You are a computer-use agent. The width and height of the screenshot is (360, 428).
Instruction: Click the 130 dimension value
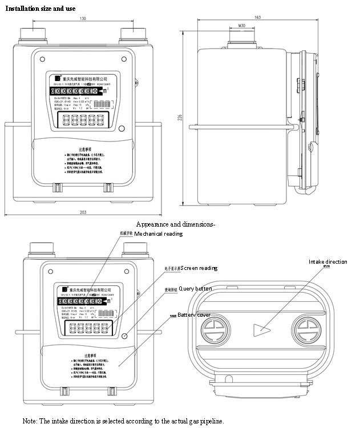(x=83, y=19)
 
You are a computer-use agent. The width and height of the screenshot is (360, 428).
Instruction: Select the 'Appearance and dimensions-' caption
(x=176, y=223)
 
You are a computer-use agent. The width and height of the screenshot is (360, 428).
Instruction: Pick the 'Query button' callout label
(x=196, y=289)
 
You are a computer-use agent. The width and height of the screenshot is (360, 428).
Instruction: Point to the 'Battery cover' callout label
(x=193, y=315)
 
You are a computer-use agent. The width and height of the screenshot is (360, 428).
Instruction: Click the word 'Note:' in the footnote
(x=30, y=421)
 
